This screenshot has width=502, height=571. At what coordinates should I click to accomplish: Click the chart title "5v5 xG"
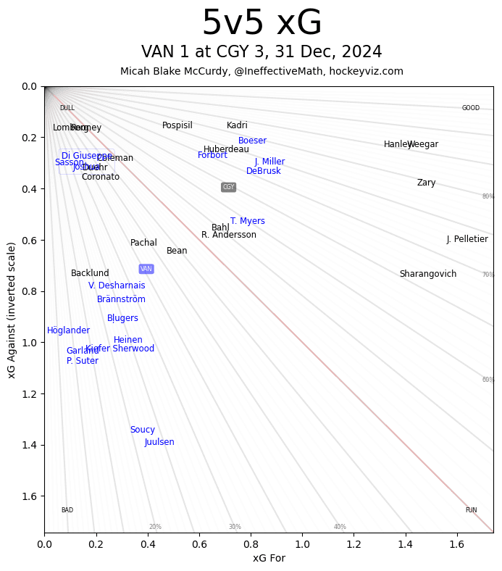[262, 24]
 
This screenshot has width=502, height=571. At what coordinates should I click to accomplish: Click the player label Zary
[426, 183]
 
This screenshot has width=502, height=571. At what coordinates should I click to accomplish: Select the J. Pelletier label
[467, 239]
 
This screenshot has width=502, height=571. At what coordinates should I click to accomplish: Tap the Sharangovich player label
[428, 274]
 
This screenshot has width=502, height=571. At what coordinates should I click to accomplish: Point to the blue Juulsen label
[159, 442]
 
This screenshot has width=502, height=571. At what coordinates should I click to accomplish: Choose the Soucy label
[143, 430]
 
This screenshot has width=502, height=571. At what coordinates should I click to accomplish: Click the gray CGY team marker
[228, 187]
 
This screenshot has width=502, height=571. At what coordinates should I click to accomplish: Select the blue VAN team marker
[146, 269]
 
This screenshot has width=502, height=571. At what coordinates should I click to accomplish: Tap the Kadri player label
[237, 125]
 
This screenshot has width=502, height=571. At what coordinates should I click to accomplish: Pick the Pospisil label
[177, 125]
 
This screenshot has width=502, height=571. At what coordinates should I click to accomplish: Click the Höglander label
[68, 330]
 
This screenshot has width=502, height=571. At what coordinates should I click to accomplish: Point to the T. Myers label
[248, 221]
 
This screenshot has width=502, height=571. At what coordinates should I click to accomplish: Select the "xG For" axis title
[269, 558]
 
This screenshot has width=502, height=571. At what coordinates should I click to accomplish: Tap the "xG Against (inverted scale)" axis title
[12, 309]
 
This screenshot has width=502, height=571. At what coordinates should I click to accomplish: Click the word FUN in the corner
[471, 510]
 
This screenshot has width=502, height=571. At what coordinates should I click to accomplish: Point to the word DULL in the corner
[67, 108]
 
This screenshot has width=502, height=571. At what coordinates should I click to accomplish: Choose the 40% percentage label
[340, 527]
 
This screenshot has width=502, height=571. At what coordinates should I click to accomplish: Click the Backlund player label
[90, 273]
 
